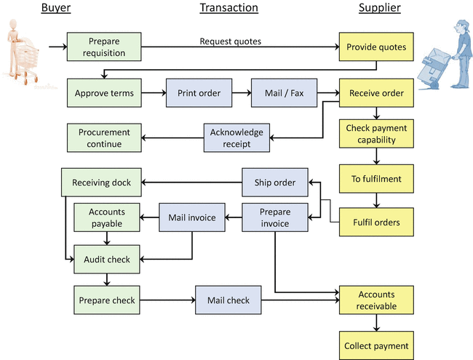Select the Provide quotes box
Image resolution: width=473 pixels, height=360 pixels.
375,47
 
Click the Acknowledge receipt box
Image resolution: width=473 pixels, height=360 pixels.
236,138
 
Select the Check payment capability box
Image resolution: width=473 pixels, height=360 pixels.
375,134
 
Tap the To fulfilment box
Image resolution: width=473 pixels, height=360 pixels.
375,179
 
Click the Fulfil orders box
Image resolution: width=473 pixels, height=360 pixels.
375,221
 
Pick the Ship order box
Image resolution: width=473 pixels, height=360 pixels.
274,183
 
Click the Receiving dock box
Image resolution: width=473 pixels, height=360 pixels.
101,183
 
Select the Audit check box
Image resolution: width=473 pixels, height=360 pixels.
107,259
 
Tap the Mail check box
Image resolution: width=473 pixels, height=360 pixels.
228,300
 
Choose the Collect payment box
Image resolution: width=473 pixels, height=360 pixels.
375,345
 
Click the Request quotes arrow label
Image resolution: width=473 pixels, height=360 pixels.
230,41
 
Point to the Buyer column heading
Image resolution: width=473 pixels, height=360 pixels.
56,8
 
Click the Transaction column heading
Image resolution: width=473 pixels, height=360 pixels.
228,8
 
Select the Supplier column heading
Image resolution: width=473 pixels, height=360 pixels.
379,8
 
